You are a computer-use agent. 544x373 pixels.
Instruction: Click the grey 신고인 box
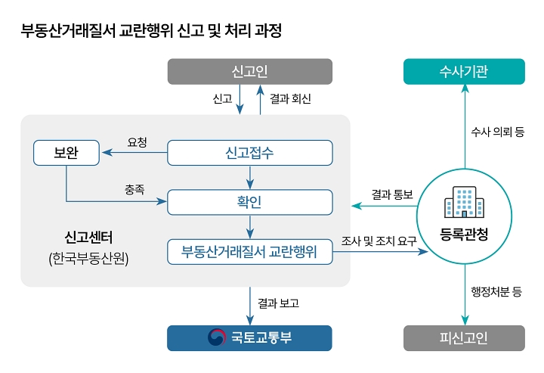pos(249,72)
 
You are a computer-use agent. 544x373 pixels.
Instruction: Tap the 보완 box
pos(66,153)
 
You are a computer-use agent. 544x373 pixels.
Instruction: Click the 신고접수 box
pos(249,153)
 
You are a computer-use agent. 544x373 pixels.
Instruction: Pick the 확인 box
pos(249,202)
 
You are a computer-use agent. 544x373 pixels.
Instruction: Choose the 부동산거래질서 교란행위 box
pos(249,251)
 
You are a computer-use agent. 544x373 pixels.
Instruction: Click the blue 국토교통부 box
pos(249,337)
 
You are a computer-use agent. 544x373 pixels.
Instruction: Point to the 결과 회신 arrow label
pos(290,99)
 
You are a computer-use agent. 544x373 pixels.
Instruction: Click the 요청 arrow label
pos(137,141)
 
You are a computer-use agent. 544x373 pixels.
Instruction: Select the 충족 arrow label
pos(136,188)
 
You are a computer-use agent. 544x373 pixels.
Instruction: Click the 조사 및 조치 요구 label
pos(379,241)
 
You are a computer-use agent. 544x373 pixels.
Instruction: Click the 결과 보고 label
pos(278,303)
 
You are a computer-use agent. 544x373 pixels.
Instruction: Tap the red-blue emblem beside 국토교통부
pos(217,337)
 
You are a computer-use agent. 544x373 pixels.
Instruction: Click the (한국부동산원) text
pos(89,259)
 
